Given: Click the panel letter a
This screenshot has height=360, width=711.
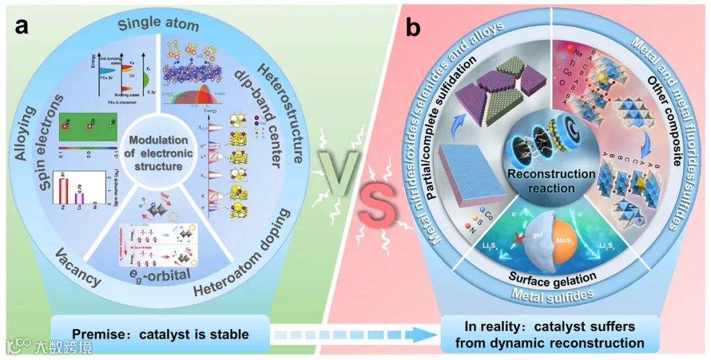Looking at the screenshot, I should coord(24,28).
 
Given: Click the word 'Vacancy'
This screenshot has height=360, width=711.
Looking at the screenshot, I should coord(78,270).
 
